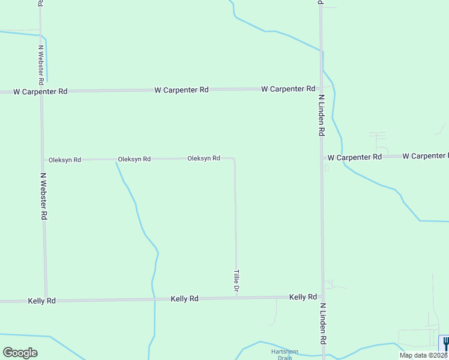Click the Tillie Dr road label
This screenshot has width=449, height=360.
coord(237,281)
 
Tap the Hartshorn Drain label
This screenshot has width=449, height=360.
coord(280,354)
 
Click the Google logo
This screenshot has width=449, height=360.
coord(20,352)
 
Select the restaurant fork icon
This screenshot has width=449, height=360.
coord(445,344)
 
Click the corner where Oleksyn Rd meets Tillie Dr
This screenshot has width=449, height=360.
coord(234,159)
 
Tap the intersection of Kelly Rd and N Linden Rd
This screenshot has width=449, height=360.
coord(322,296)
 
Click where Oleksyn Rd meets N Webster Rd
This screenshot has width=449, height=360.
coord(43,160)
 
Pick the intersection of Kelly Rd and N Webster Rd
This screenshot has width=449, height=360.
coord(46,300)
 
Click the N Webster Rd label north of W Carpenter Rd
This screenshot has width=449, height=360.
coord(41,64)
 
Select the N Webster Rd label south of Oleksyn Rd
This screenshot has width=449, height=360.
coord(43,196)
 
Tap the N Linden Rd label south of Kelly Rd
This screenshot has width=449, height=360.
coord(323,323)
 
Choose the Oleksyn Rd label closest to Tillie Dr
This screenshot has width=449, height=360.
coord(203,158)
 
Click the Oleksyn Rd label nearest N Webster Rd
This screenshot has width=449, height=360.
coord(65,160)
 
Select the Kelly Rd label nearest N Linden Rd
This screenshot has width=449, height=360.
coord(303,297)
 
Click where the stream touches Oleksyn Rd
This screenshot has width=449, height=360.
coord(115,160)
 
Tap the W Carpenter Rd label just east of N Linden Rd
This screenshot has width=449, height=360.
coord(354,157)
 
